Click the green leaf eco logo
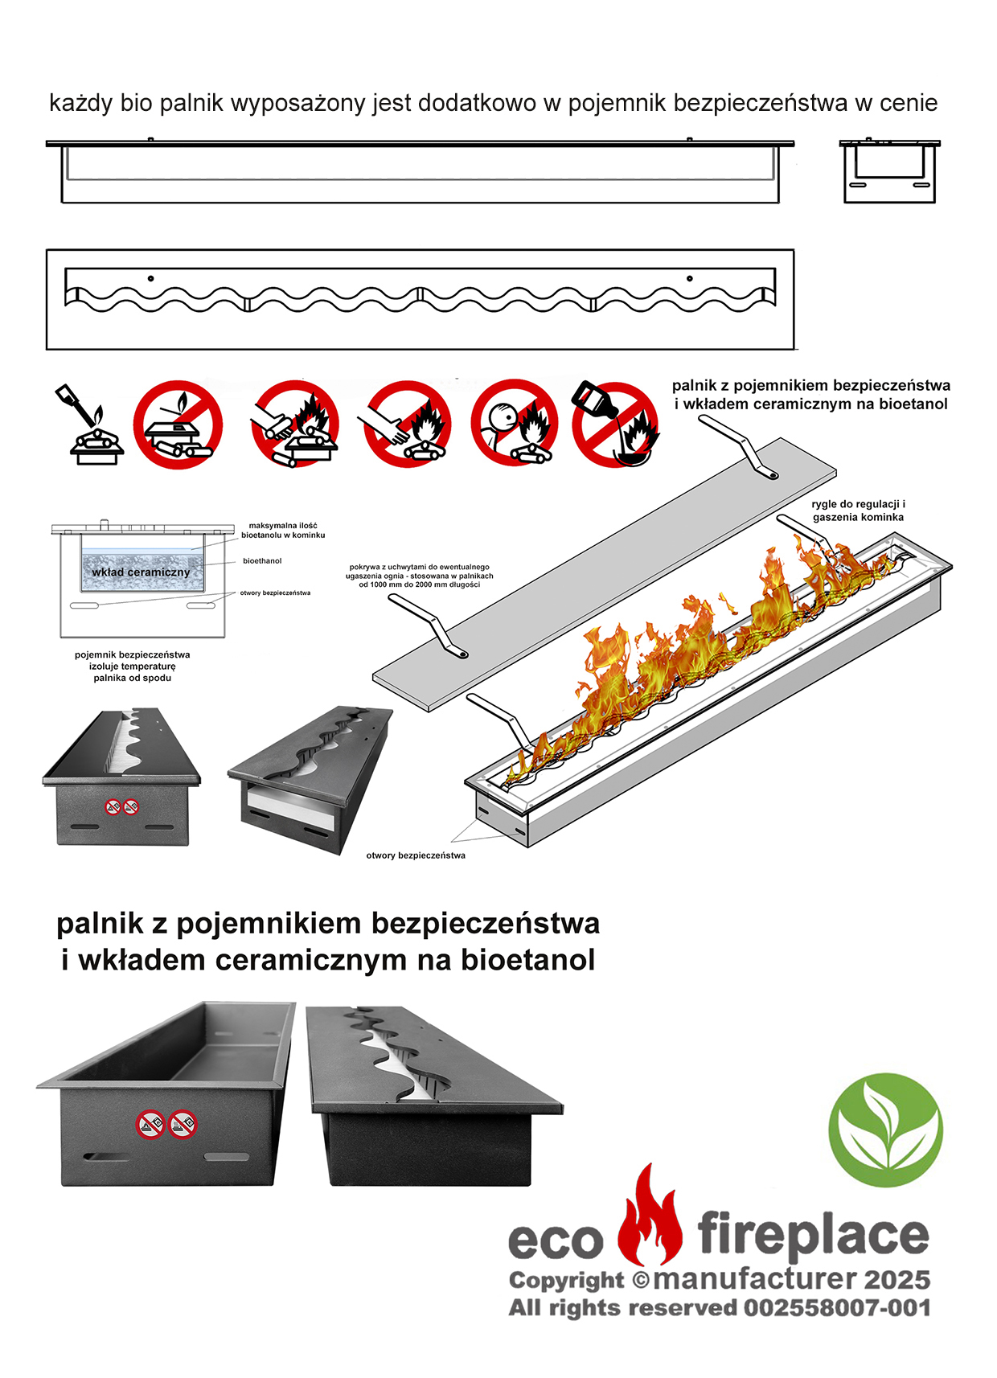[x=885, y=1130]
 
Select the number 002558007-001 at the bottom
[x=837, y=1308]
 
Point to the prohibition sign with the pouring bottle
[x=616, y=424]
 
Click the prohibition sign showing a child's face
[x=515, y=422]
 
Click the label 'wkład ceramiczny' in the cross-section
[x=141, y=572]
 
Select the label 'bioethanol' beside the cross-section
[x=262, y=561]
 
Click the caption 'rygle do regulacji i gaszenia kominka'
[x=859, y=511]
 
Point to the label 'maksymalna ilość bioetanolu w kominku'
[x=283, y=531]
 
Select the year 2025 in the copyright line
[x=897, y=1280]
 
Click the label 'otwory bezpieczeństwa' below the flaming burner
[x=416, y=855]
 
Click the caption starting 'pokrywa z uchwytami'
[x=419, y=576]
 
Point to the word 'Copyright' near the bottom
[x=566, y=1282]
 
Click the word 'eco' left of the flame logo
[x=556, y=1241]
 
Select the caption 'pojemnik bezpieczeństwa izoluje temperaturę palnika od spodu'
[x=132, y=666]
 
